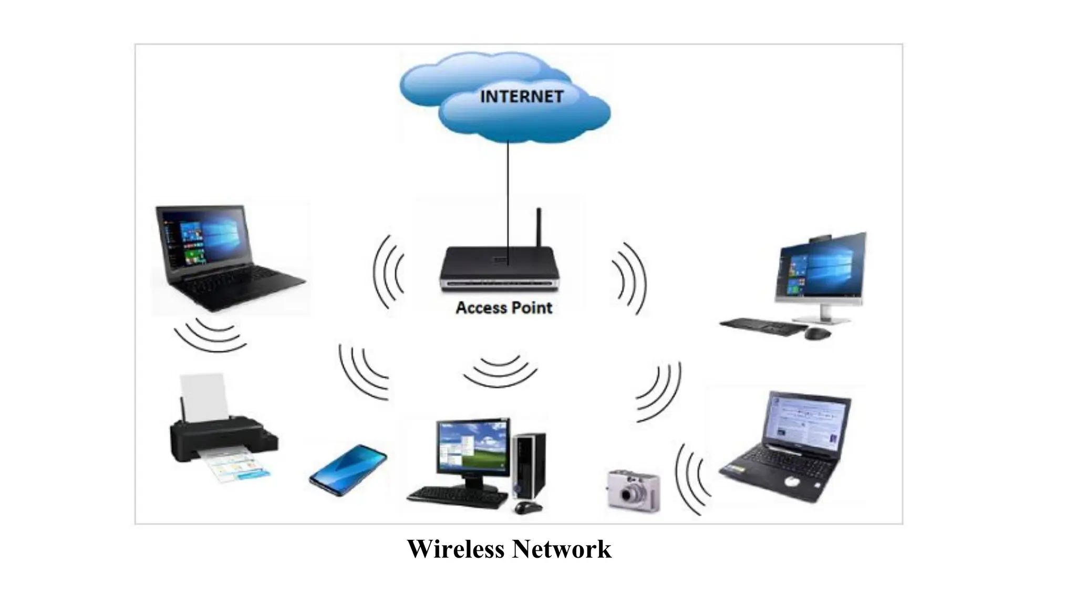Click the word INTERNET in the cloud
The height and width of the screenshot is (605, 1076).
(x=521, y=97)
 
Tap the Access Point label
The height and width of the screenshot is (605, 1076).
(x=503, y=308)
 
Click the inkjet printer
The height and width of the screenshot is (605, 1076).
(x=221, y=436)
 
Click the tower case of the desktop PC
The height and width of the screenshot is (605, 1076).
(x=530, y=465)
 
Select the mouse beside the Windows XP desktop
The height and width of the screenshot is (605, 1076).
(x=527, y=507)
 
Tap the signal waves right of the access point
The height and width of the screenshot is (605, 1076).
(x=629, y=278)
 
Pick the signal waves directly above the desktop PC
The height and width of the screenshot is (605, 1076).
(x=500, y=370)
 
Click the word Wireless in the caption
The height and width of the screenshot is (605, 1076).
(x=455, y=549)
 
